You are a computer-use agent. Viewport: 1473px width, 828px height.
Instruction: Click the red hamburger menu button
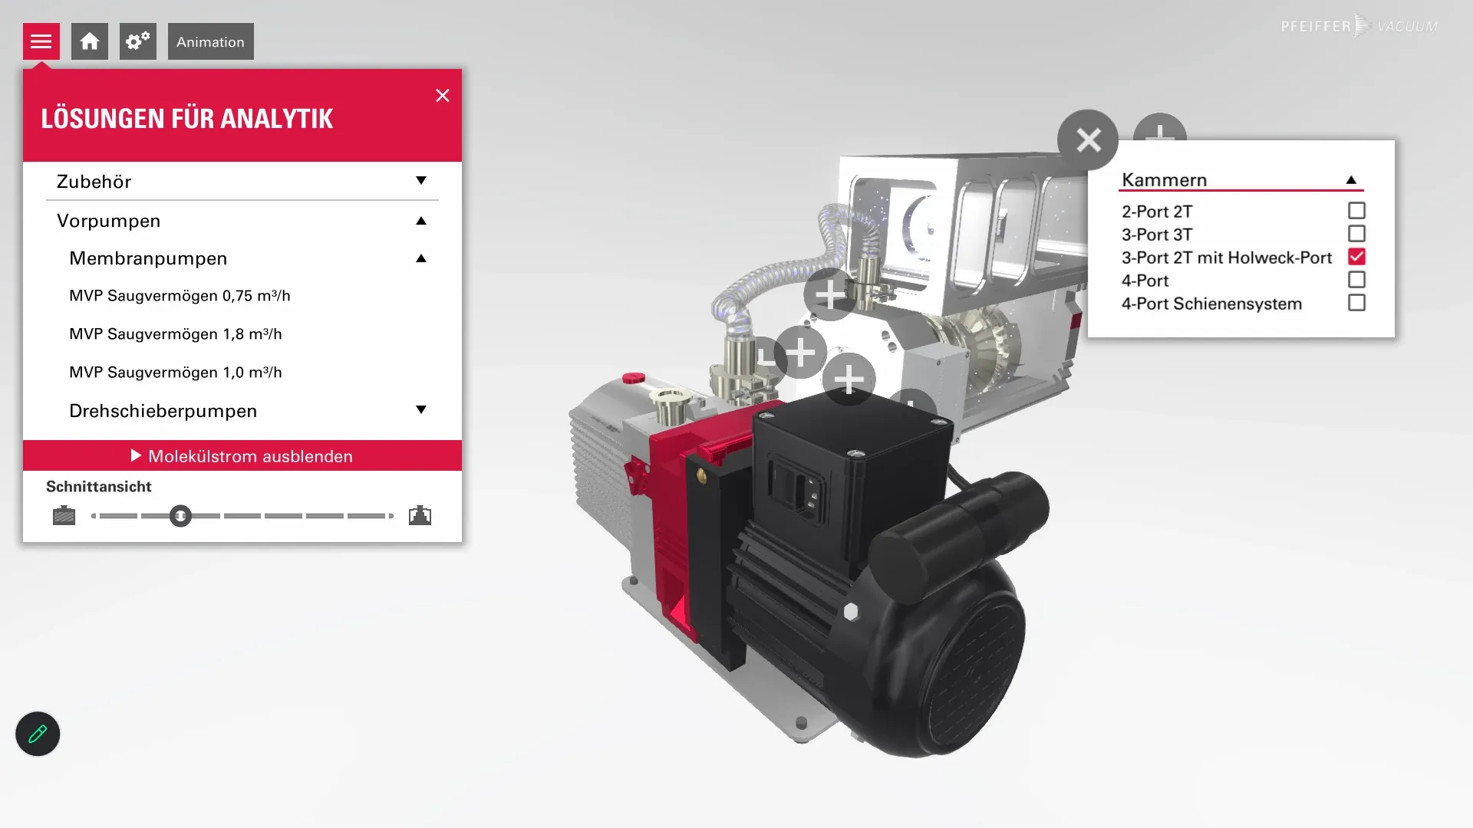pos(41,41)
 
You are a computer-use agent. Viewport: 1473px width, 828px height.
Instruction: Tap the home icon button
pos(90,41)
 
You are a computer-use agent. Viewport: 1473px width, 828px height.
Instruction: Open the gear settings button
pos(138,41)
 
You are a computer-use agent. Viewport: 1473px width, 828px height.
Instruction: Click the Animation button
pos(211,41)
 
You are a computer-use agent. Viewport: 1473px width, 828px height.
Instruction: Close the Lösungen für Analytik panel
pos(443,95)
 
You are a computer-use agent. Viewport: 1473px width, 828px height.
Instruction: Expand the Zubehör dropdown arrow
pos(421,181)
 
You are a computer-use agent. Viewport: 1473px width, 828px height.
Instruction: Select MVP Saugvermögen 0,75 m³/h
pos(180,296)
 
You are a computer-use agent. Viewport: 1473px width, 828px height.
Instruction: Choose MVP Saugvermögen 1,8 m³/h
pos(176,334)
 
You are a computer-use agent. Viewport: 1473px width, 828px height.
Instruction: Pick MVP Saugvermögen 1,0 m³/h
pos(176,373)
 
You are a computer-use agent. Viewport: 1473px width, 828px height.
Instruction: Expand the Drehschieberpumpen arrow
pos(421,409)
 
